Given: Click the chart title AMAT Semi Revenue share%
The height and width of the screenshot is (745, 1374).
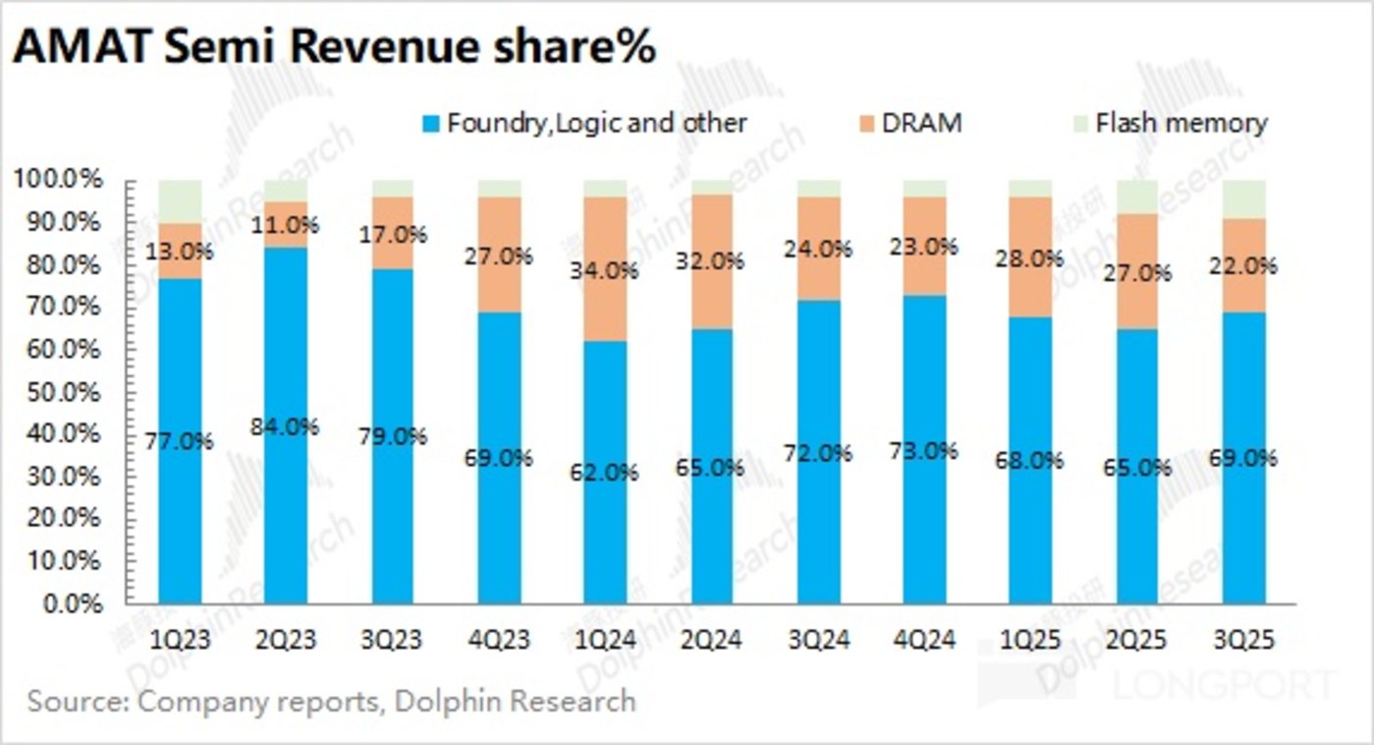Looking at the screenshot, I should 333,48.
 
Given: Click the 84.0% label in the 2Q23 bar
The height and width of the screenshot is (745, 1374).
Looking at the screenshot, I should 286,428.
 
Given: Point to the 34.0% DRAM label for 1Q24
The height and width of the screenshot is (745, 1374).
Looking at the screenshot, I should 606,269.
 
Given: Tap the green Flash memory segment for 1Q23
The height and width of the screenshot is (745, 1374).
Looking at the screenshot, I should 180,201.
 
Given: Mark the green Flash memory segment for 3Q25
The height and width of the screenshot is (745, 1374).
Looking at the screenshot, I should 1243,199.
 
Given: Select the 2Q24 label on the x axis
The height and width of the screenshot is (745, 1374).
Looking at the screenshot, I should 711,640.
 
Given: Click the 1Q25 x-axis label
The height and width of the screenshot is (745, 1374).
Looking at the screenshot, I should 1030,640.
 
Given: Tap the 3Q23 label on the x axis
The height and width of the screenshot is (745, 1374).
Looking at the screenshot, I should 392,640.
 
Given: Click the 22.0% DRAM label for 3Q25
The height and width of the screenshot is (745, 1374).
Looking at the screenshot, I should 1244,265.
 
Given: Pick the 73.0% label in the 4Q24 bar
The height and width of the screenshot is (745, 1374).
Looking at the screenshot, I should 925,451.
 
